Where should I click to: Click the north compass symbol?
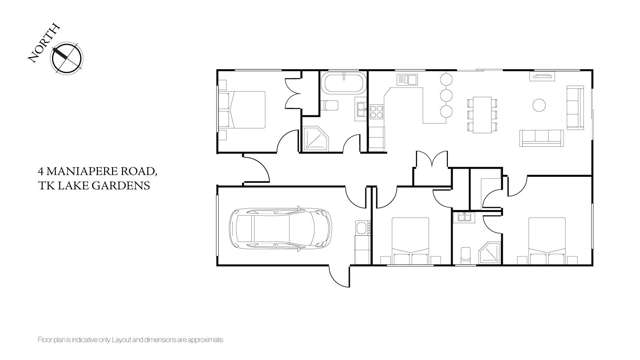click(66, 59)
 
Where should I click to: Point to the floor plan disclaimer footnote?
click(129, 341)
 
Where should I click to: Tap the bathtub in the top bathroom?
click(341, 82)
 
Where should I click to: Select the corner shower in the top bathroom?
click(317, 139)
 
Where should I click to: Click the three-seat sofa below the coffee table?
click(541, 136)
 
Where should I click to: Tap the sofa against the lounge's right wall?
click(575, 104)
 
